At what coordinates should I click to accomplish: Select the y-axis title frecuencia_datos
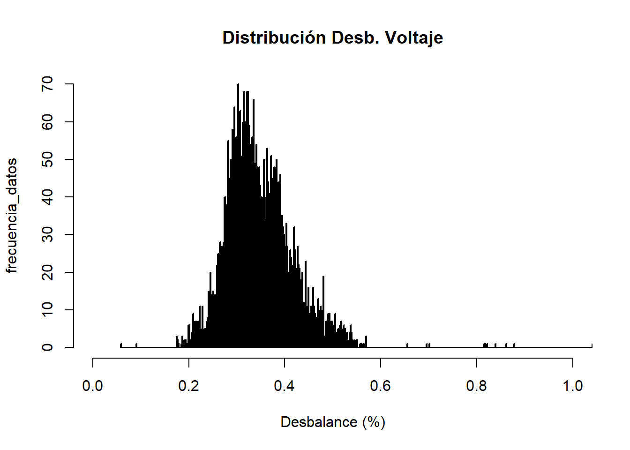[x=12, y=216]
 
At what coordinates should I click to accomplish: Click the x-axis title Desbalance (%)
[x=333, y=422]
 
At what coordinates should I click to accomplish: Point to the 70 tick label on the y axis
[x=48, y=84]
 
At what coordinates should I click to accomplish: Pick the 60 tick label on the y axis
[x=48, y=122]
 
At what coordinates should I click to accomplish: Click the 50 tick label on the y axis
[x=48, y=159]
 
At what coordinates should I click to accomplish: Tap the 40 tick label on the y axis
[x=48, y=197]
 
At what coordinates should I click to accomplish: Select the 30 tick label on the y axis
[x=48, y=234]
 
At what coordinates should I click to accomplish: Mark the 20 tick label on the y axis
[x=48, y=272]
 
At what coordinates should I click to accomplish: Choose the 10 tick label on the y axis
[x=48, y=310]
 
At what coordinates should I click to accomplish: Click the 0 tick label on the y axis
[x=48, y=347]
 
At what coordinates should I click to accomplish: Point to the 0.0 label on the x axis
[x=93, y=386]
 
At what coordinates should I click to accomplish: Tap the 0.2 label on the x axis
[x=189, y=386]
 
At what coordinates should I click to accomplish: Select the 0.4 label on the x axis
[x=285, y=386]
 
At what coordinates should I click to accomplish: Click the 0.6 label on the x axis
[x=381, y=386]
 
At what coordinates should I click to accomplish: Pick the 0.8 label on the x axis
[x=477, y=386]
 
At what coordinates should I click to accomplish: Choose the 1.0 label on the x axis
[x=572, y=386]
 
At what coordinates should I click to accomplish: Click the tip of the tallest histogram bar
[x=238, y=84]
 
